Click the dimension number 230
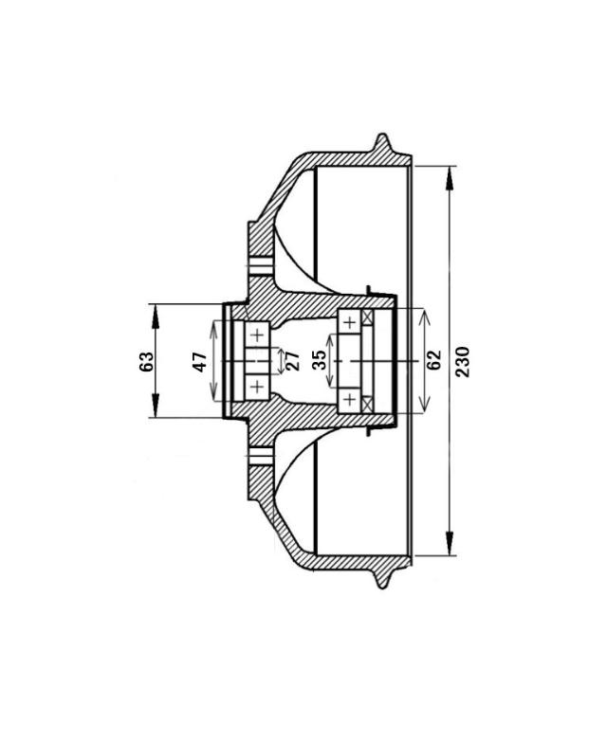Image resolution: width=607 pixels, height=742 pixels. tap(463, 362)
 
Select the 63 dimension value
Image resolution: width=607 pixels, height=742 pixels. tap(147, 362)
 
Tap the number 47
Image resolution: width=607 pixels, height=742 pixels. tap(200, 362)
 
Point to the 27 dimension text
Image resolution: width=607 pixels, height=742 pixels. tap(293, 361)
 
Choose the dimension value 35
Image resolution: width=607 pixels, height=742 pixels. tap(320, 360)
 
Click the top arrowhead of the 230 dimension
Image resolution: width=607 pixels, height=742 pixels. tap(450, 178)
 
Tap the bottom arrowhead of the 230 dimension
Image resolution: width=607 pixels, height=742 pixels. tap(450, 543)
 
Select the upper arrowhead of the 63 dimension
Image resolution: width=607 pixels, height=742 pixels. tap(155, 317)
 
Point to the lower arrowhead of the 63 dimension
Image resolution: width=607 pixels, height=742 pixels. tap(155, 406)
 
